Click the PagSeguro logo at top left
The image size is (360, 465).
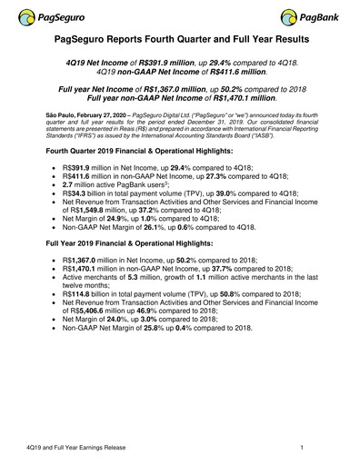point(46,16)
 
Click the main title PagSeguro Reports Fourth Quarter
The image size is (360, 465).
point(180,41)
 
